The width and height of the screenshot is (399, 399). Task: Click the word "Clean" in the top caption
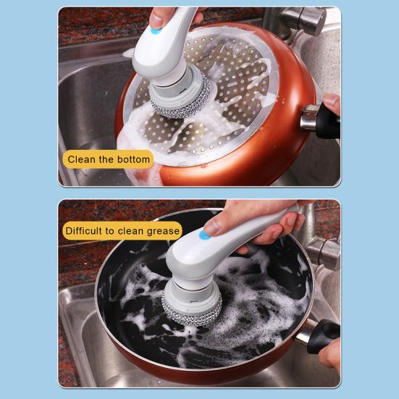pos(81,159)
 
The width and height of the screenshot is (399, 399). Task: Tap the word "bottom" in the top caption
pos(132,159)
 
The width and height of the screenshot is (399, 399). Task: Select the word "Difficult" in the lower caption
pos(85,231)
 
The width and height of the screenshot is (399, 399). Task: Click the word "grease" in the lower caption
pos(163,231)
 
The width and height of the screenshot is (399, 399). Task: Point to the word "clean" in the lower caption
pos(133,231)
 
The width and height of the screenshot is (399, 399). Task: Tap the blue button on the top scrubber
pos(156,31)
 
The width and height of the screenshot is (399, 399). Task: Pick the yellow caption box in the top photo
pos(107,159)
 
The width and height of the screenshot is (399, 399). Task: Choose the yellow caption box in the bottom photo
pos(122,231)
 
